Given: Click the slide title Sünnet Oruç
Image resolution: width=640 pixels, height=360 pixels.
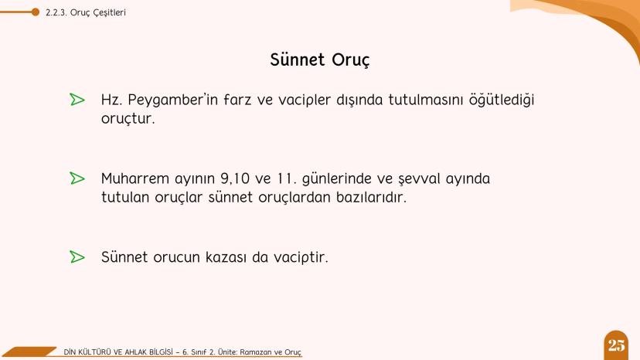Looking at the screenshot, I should coord(320,59).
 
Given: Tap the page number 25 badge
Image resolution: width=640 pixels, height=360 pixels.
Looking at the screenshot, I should coord(617,345).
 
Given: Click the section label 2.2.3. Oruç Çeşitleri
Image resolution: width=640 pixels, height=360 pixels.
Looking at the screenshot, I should coord(86,12).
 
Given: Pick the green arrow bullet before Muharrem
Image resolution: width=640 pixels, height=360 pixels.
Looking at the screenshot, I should coord(77,178).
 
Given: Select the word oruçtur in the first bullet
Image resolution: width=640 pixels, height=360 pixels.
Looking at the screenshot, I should coord(128,120).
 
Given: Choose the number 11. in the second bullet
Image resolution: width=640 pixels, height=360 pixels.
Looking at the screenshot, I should coord(288,179).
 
